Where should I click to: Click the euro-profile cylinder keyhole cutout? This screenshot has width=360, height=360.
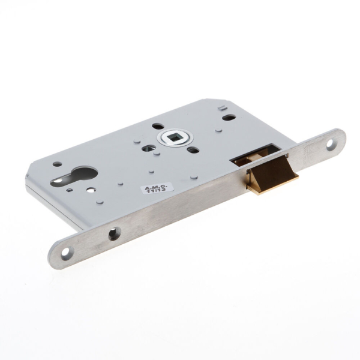(x=68, y=177)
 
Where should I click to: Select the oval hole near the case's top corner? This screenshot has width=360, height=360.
(x=229, y=117)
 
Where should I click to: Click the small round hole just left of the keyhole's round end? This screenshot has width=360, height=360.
(x=56, y=164)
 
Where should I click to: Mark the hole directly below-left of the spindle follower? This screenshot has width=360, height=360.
(x=151, y=147)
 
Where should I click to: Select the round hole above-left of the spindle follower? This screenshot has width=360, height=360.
(x=157, y=126)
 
